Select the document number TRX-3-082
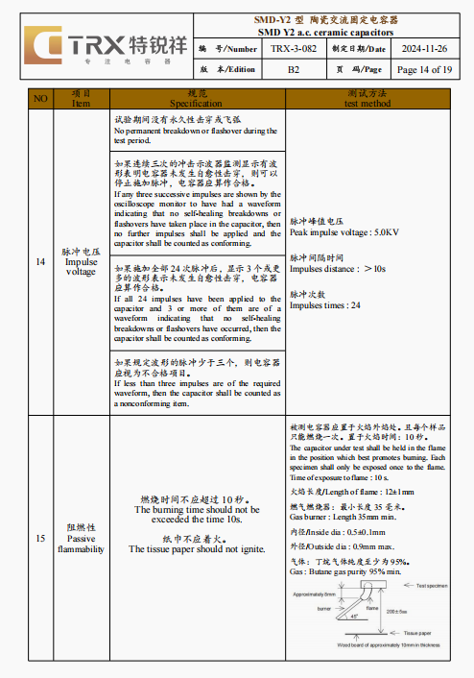(294, 48)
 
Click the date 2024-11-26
(422, 48)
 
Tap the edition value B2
(294, 70)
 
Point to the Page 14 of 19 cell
(423, 70)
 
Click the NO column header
(39, 98)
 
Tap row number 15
(39, 539)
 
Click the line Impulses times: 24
(325, 305)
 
